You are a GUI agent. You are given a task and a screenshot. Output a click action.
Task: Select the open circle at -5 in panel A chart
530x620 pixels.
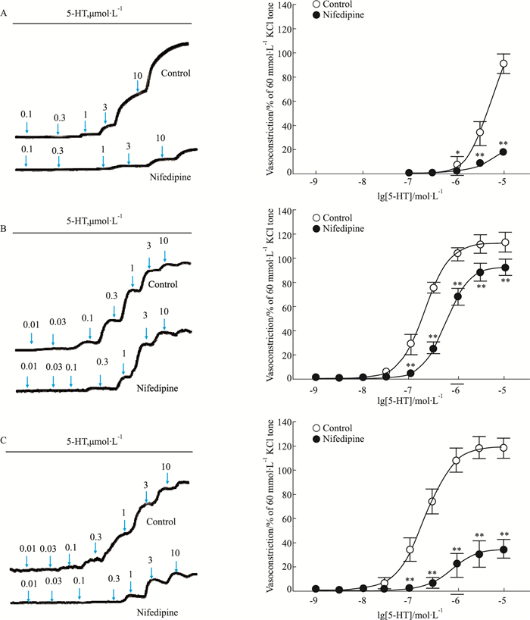pos(503,64)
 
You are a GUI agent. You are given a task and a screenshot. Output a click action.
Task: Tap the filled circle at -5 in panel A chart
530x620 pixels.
pos(503,152)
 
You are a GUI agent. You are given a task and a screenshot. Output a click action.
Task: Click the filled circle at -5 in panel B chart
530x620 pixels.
pos(503,268)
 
